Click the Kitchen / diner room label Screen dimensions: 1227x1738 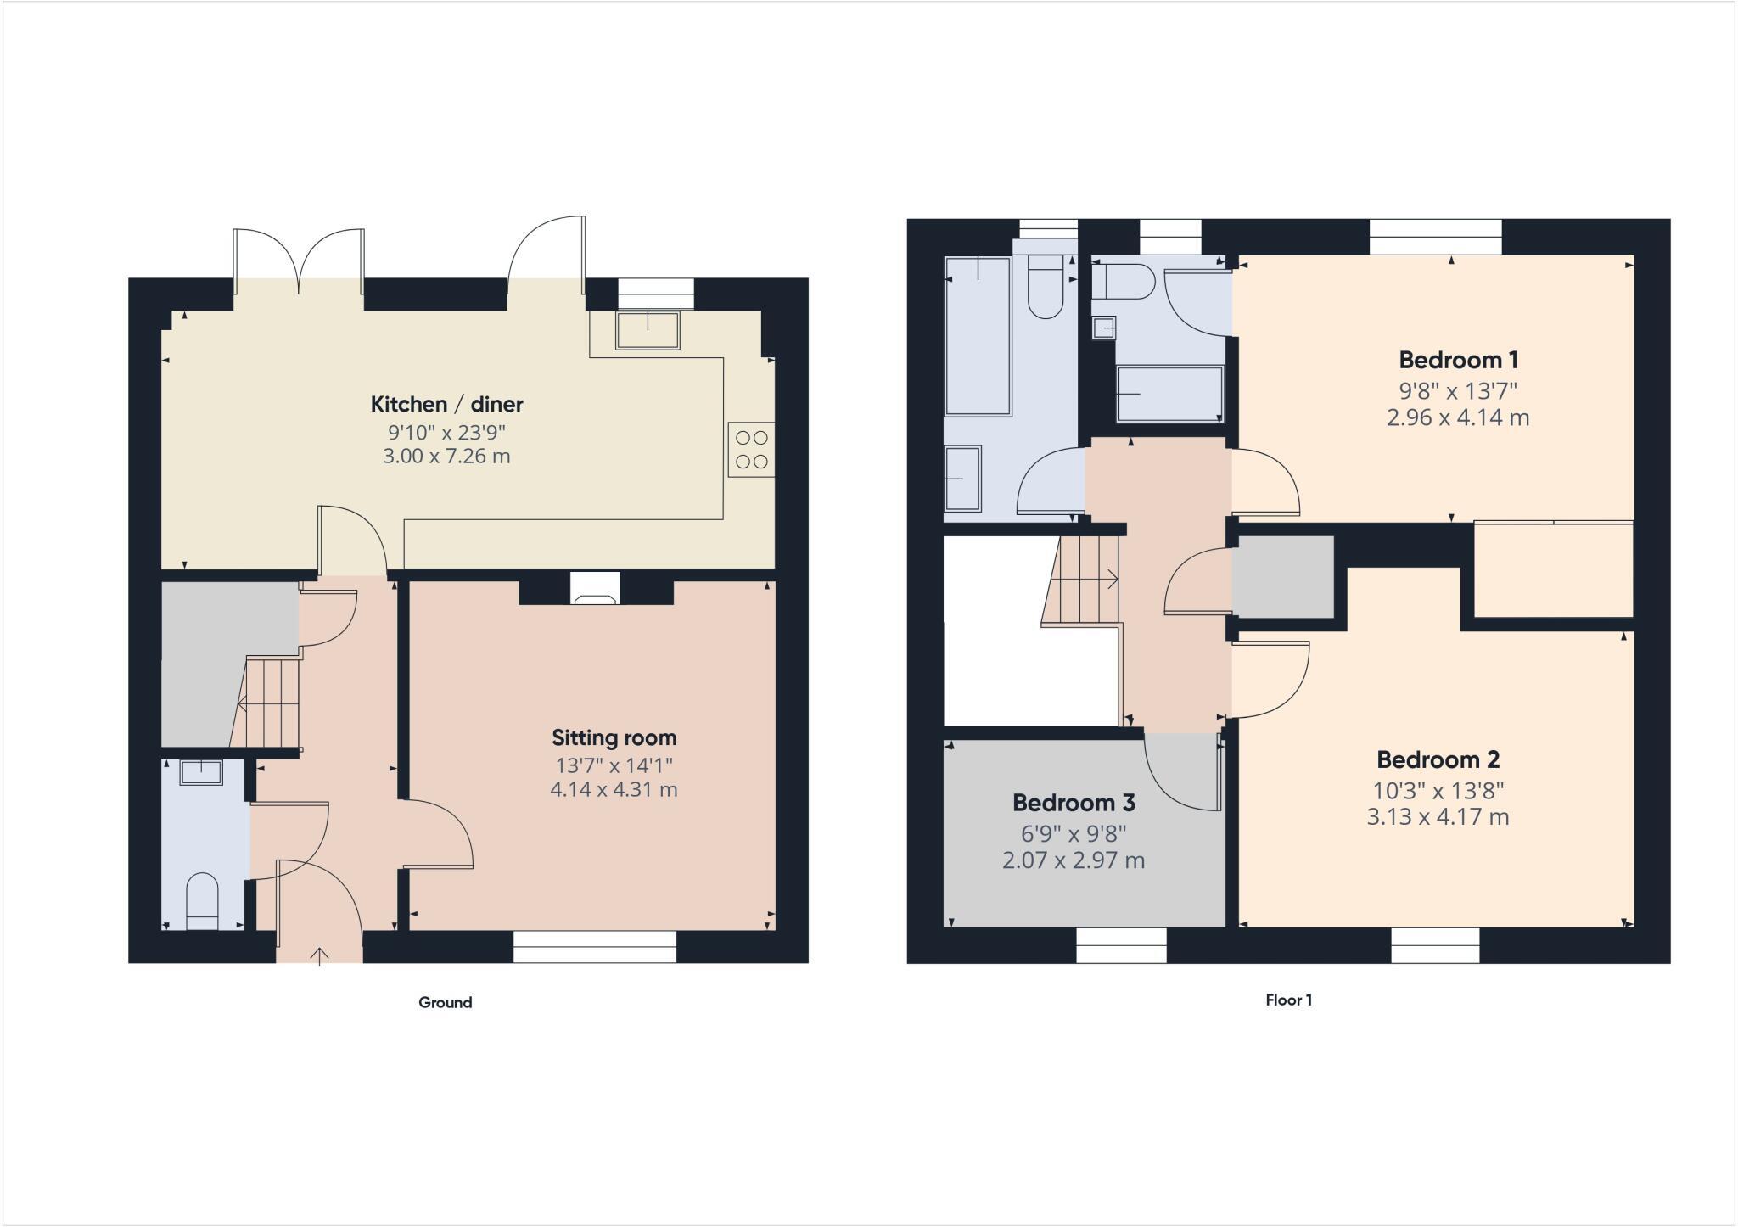coord(446,404)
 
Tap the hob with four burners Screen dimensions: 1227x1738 coord(751,450)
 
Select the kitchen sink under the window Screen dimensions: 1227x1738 coord(648,331)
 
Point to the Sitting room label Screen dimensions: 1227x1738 coord(614,737)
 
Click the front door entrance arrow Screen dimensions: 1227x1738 coord(319,956)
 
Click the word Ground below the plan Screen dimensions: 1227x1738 coord(445,1002)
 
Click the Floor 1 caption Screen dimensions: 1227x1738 coord(1288,1000)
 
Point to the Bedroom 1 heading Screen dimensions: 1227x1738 coord(1458,360)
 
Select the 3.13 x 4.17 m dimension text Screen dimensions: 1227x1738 coord(1438,817)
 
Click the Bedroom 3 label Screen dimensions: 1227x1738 coord(1074,802)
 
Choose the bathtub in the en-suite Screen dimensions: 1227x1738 coord(1169,393)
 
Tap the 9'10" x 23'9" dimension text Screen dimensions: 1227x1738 coord(446,431)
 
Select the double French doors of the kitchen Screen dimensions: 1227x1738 coord(299,259)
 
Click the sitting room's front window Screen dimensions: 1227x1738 coord(595,946)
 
